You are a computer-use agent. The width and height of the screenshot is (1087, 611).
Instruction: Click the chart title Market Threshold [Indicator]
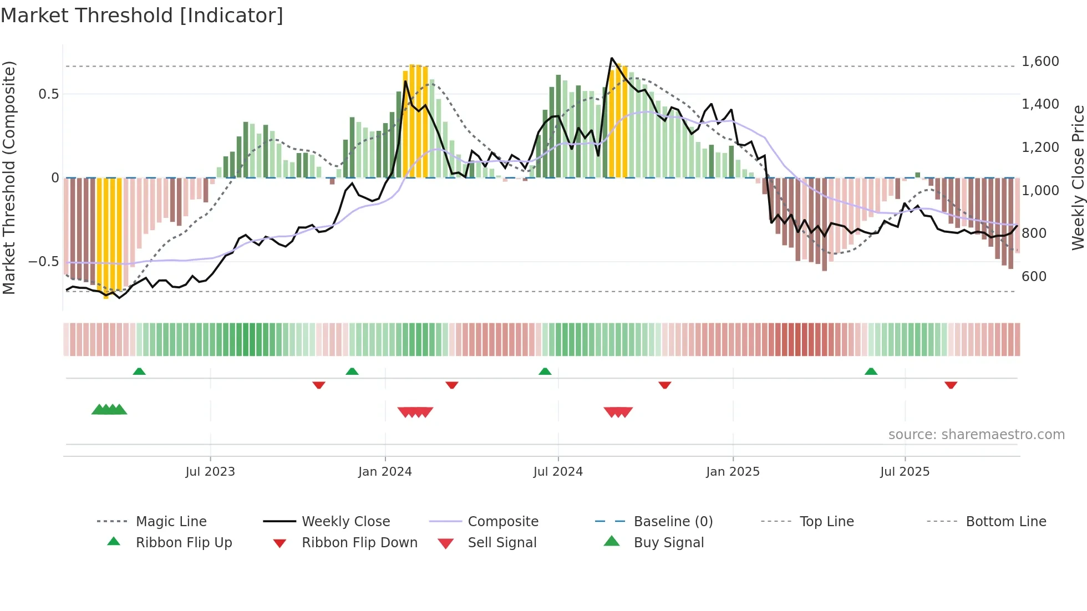142,16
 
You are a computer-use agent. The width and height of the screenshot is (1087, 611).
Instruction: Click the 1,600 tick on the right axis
1040,62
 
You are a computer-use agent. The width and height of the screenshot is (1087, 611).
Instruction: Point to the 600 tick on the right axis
1034,276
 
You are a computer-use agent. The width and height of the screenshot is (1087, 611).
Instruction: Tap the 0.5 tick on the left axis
49,94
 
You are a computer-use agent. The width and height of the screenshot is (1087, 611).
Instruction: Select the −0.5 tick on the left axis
44,261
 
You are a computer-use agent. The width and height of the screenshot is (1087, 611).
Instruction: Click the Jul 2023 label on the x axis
210,472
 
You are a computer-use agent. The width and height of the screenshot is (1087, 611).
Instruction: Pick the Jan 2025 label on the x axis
733,472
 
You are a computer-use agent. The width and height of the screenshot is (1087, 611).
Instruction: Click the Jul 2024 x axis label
558,472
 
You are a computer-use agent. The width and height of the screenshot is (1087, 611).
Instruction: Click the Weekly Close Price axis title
1078,177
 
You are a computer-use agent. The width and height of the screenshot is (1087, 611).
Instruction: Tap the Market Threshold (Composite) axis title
9,177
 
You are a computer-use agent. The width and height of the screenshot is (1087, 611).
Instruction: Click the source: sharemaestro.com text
976,435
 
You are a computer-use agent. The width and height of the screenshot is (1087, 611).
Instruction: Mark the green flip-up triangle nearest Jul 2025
871,371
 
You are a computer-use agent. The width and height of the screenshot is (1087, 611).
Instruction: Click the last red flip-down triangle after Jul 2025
951,385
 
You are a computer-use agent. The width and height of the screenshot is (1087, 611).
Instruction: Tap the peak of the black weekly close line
611,58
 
